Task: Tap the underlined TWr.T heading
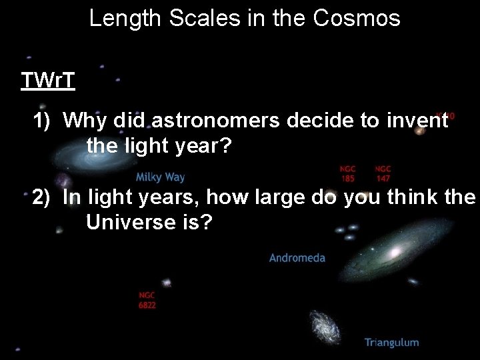[x=47, y=81]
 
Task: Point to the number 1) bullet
[x=44, y=121]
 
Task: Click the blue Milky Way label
[x=160, y=177]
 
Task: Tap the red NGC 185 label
[x=348, y=173]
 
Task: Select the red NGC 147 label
[x=383, y=173]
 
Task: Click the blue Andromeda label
[x=297, y=257]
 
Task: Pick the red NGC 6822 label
[x=147, y=300]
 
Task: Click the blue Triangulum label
[x=391, y=343]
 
